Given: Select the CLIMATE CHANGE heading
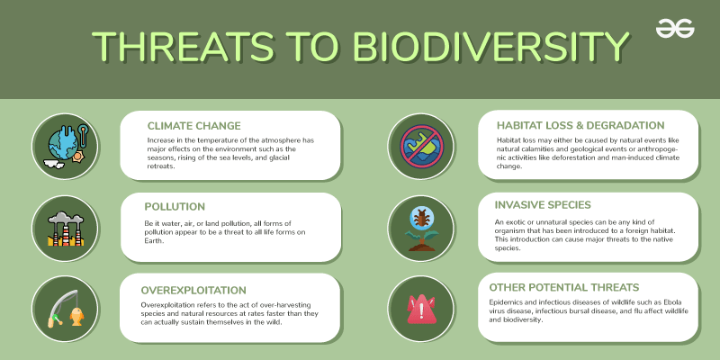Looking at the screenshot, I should coord(206,125).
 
